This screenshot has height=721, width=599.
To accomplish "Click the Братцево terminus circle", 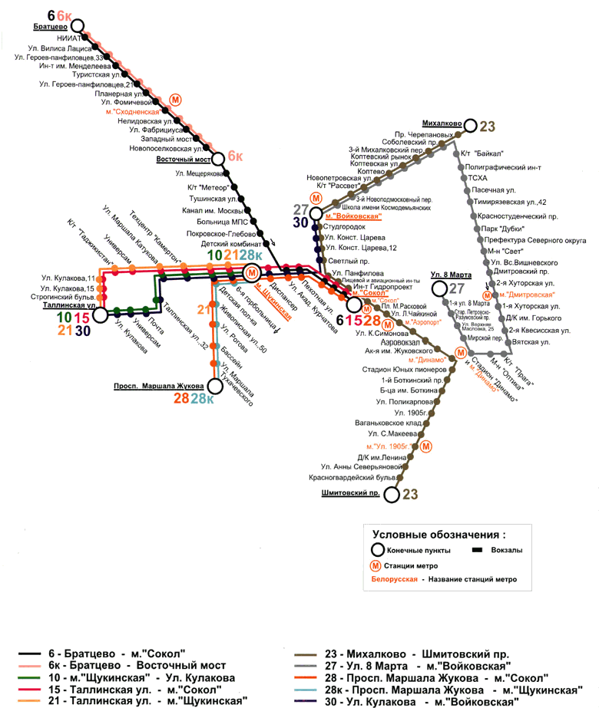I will pos(77,26).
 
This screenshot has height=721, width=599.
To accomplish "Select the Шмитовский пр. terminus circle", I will pos(392,495).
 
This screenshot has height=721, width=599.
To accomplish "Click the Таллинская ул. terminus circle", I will pos(101,314).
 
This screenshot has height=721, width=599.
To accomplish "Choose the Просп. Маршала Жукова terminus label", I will pos(157,385).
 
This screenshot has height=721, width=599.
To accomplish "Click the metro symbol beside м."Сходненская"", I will pos(176,100).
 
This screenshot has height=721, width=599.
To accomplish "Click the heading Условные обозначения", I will pos(438,534).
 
